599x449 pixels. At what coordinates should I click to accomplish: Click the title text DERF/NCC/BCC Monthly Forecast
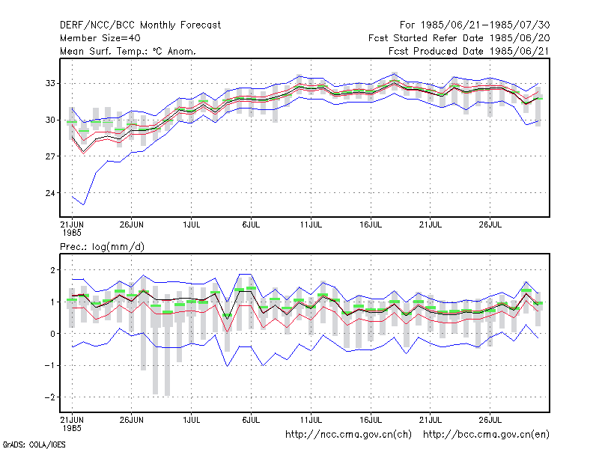[x=140, y=25]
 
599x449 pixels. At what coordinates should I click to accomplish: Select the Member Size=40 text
[x=100, y=38]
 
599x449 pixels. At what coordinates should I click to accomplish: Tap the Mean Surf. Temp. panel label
[x=128, y=51]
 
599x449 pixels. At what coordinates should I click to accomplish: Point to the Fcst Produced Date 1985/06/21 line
[x=469, y=51]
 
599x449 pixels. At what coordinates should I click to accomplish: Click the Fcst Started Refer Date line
[x=459, y=38]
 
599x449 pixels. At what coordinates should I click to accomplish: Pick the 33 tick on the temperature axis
[x=50, y=83]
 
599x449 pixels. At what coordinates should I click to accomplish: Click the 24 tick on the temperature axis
[x=50, y=193]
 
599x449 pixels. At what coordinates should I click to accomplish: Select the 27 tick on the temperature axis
[x=50, y=156]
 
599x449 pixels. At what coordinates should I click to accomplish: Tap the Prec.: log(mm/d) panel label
[x=102, y=247]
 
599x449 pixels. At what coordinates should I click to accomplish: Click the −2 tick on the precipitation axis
[x=49, y=397]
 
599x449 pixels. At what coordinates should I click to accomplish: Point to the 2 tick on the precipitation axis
[x=52, y=270]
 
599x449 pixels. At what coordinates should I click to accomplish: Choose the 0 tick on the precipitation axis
[x=52, y=334]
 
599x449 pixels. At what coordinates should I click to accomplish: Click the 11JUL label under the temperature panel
[x=311, y=225]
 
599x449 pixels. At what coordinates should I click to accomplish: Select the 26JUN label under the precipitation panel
[x=132, y=421]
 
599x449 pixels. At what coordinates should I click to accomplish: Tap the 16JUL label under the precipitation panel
[x=371, y=421]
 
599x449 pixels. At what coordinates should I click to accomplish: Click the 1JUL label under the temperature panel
[x=192, y=225]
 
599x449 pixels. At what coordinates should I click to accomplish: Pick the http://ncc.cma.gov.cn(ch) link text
[x=348, y=435]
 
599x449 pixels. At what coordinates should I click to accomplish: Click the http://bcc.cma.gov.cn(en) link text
[x=486, y=435]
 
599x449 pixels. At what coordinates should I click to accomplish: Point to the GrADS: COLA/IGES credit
[x=34, y=445]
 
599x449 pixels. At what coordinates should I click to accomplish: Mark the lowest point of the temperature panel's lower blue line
[x=83, y=204]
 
